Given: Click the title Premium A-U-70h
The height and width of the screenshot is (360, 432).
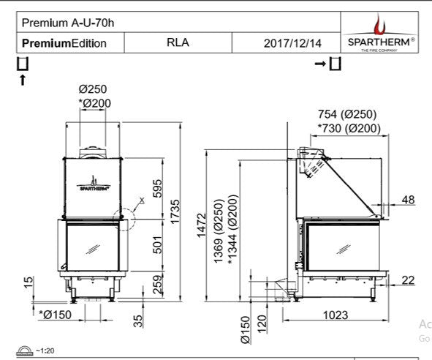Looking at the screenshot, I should click(60, 22).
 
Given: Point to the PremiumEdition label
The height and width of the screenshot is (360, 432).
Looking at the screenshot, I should click(64, 42).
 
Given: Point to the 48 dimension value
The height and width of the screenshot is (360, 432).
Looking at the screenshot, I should click(407, 200).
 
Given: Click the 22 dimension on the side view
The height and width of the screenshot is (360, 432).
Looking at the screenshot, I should click(407, 280).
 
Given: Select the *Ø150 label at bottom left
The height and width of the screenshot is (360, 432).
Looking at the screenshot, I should click(53, 315).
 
